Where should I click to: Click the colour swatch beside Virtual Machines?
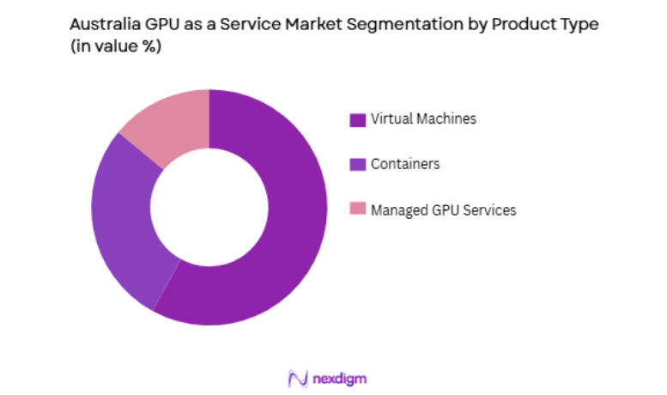coord(358,119)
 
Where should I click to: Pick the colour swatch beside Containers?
coord(358,164)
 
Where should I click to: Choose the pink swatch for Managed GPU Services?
coord(358,210)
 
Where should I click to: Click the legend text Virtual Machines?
coord(422,119)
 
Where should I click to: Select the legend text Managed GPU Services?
coord(443,210)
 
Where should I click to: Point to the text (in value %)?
coord(115,48)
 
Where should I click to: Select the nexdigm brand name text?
coord(341,378)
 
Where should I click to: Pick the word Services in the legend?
coord(488,210)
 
